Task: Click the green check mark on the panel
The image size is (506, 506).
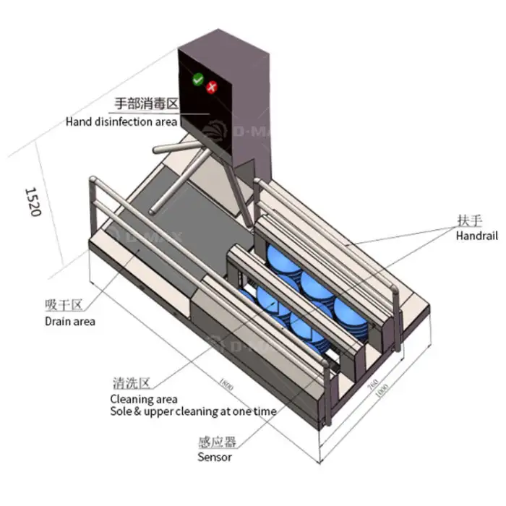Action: [198, 79]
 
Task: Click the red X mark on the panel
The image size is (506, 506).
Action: [212, 87]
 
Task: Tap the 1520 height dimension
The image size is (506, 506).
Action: [33, 202]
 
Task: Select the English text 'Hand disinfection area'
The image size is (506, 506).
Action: [121, 121]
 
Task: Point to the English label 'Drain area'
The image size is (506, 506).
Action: [69, 321]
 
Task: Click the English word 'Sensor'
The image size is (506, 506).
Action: [215, 457]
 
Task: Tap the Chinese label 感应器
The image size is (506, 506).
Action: [217, 442]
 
